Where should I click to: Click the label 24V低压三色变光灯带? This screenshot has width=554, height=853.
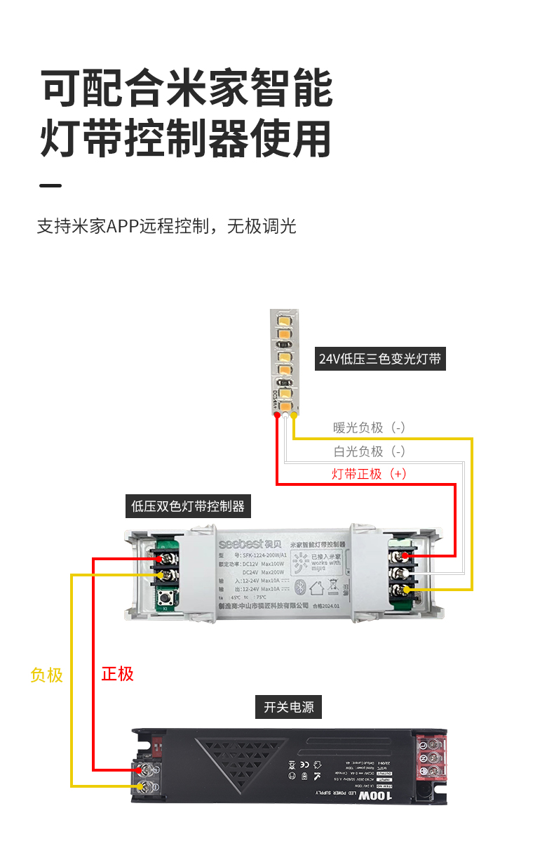(380, 359)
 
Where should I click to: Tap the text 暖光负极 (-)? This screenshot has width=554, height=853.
(369, 428)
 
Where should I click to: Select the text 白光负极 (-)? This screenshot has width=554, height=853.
(369, 451)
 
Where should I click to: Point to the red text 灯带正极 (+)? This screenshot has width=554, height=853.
(369, 474)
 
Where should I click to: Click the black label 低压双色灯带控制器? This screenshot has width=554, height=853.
(188, 505)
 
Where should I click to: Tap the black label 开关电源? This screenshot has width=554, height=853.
(288, 707)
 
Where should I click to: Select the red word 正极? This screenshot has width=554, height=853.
(117, 674)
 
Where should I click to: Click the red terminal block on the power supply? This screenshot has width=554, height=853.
(432, 758)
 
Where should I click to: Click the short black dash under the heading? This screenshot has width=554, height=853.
(50, 186)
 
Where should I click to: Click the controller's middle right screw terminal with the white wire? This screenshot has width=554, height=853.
(401, 572)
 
